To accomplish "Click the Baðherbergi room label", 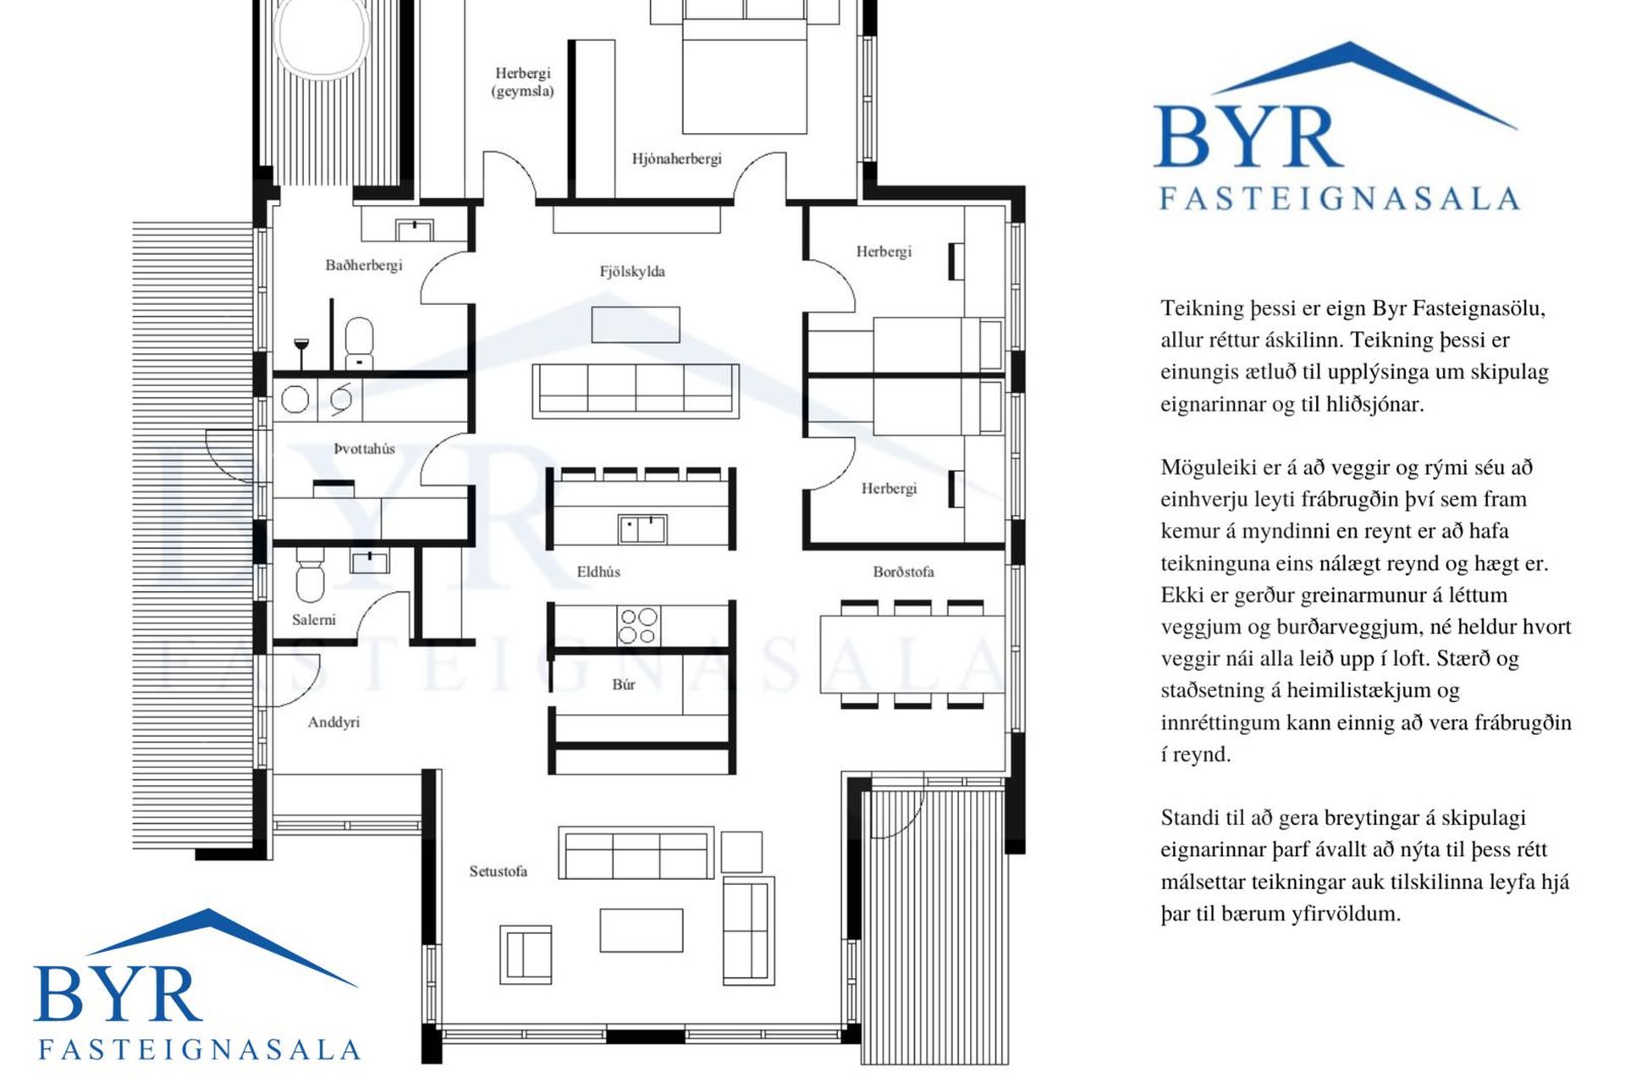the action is (x=364, y=265).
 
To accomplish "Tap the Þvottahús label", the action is (x=364, y=449).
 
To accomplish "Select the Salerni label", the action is (x=314, y=620).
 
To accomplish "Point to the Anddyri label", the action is (x=333, y=722).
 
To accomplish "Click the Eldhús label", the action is (x=598, y=572).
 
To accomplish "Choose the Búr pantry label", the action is (x=624, y=684).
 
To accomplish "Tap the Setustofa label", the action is (x=499, y=871).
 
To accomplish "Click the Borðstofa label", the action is (x=903, y=572).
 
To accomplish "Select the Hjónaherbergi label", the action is (x=676, y=159).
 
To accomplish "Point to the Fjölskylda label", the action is (x=632, y=272).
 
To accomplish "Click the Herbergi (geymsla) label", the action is (x=523, y=82).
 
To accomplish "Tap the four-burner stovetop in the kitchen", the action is (x=638, y=626).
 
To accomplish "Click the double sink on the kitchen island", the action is (x=642, y=529).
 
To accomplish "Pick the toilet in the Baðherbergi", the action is (x=360, y=343).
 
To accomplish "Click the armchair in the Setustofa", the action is (x=526, y=954).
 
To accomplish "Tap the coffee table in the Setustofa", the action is (x=642, y=930).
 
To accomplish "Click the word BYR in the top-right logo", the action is (x=1248, y=136).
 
